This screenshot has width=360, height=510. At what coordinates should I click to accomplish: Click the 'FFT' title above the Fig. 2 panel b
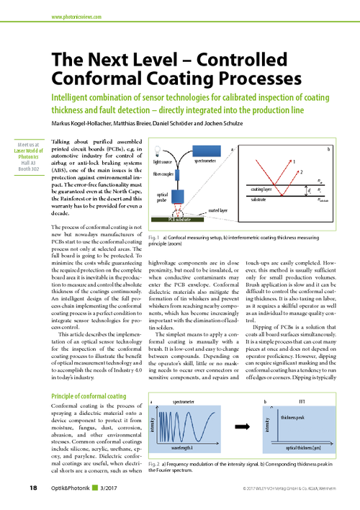coord(302,401)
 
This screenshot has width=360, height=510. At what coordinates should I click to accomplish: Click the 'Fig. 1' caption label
coord(153,236)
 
